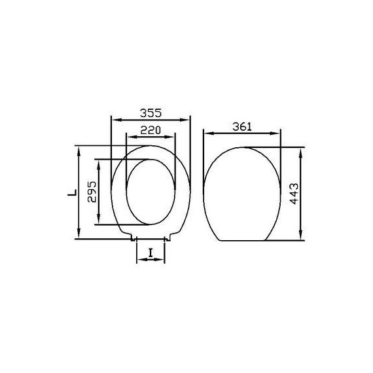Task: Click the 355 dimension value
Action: [151, 113]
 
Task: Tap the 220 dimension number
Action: [151, 130]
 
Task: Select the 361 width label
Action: [242, 126]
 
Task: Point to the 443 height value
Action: [294, 194]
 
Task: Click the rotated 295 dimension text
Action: [92, 192]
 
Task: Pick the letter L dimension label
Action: [73, 192]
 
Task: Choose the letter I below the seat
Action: [151, 253]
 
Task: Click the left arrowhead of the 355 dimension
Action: [116, 120]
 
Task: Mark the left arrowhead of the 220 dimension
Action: [132, 137]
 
